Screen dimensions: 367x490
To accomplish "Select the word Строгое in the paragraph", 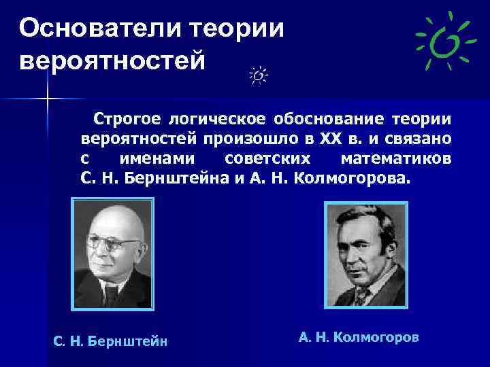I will (127, 120).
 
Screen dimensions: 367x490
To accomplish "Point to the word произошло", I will (255, 140).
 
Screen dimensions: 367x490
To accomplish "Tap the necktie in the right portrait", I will (359, 294).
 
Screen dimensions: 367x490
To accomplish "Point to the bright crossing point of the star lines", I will (47, 100).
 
